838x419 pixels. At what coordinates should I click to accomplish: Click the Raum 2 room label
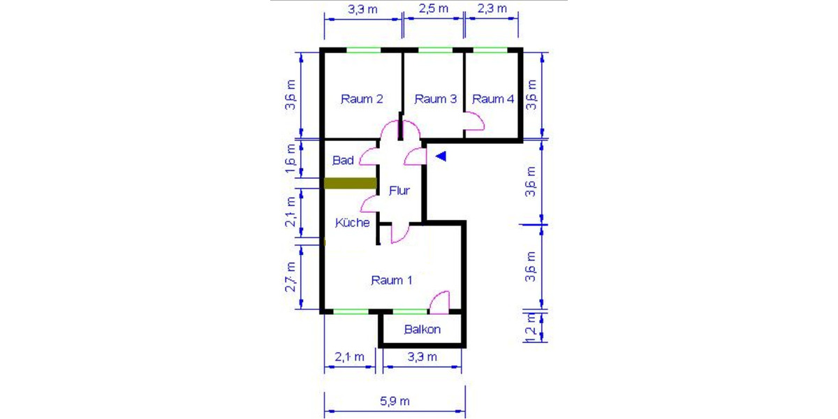(361, 99)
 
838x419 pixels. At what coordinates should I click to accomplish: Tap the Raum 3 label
(435, 99)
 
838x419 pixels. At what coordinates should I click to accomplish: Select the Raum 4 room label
(493, 99)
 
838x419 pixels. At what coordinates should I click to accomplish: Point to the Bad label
(343, 161)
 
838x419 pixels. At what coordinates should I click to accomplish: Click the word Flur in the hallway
(399, 190)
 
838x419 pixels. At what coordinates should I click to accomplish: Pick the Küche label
(352, 223)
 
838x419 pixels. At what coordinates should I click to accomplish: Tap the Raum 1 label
(391, 281)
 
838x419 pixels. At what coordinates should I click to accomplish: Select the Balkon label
(422, 330)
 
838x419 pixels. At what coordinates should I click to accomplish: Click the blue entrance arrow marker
(440, 156)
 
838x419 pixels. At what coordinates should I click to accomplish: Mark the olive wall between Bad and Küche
(350, 184)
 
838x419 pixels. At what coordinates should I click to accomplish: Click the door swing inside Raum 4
(475, 124)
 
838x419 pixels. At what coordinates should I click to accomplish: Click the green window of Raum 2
(364, 50)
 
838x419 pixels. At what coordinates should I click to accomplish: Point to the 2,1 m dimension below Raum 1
(349, 357)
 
